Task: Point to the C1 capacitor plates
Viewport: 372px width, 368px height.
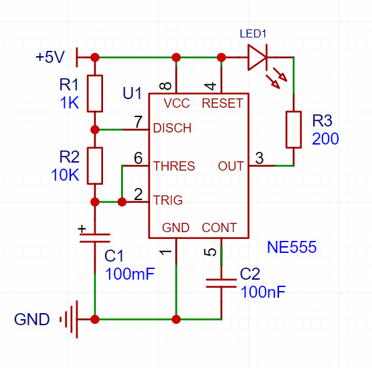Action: tap(95, 238)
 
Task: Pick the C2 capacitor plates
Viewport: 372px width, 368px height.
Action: tap(221, 283)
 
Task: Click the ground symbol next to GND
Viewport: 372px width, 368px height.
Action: tap(71, 319)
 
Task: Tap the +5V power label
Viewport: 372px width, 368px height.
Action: tap(50, 57)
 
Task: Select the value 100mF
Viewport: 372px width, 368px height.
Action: tap(130, 274)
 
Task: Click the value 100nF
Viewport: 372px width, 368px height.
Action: tap(263, 292)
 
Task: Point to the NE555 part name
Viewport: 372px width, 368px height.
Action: tap(292, 247)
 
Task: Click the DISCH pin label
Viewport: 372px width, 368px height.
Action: tap(172, 128)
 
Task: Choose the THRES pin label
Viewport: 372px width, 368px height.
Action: tap(174, 166)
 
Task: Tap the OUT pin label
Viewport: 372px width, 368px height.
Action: tap(231, 166)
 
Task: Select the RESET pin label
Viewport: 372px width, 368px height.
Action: tap(222, 103)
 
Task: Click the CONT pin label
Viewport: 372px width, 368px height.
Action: tap(219, 227)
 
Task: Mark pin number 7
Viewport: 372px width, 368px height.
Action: tap(138, 122)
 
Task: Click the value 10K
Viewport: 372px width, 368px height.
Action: tap(65, 175)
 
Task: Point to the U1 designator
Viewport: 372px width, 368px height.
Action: tap(132, 93)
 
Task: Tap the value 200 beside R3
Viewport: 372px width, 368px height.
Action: tap(325, 139)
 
